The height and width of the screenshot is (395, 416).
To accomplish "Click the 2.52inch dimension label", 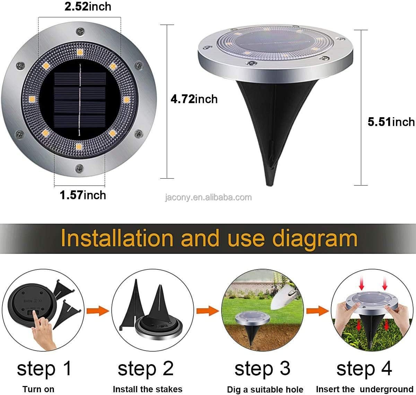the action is pyautogui.click(x=88, y=7).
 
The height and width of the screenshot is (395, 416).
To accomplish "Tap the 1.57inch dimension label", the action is pyautogui.click(x=83, y=195).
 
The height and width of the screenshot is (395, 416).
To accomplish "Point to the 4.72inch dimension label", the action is pyautogui.click(x=194, y=99).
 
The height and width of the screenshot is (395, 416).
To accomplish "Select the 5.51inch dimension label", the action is pyautogui.click(x=391, y=122).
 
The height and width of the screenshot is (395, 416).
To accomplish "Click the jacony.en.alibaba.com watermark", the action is pyautogui.click(x=208, y=197).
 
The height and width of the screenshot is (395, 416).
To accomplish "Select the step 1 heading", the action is pyautogui.click(x=44, y=369).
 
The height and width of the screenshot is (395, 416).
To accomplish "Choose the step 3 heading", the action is pyautogui.click(x=262, y=369).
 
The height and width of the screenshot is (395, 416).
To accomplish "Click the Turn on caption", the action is pyautogui.click(x=38, y=389).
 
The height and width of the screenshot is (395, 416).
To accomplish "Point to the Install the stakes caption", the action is pyautogui.click(x=147, y=389).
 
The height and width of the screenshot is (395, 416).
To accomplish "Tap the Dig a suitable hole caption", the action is pyautogui.click(x=265, y=389).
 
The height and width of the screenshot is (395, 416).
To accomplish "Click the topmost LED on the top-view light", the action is pyautogui.click(x=80, y=52).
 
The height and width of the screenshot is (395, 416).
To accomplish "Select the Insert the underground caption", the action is pyautogui.click(x=365, y=389).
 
